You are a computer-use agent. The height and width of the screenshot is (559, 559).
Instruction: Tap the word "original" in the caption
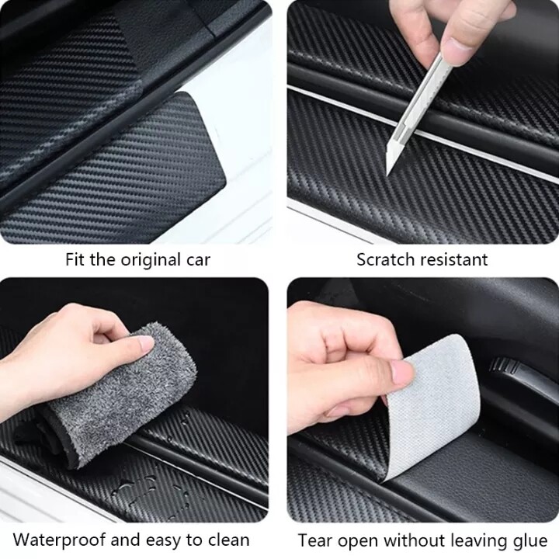(149, 260)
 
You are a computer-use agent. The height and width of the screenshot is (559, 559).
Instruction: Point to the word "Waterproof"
(59, 540)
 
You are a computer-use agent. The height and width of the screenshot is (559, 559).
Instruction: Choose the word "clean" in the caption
(228, 540)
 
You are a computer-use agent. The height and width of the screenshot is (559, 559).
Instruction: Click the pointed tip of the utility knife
(387, 175)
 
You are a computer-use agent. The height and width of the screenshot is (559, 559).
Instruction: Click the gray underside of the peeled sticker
(434, 399)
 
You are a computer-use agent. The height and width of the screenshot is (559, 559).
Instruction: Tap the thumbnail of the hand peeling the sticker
(403, 372)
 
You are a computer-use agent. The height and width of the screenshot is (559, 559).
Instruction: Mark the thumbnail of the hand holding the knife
(454, 47)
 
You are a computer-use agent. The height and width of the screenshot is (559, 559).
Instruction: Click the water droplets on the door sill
(139, 488)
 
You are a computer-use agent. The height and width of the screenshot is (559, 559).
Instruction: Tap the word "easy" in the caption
(163, 541)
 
